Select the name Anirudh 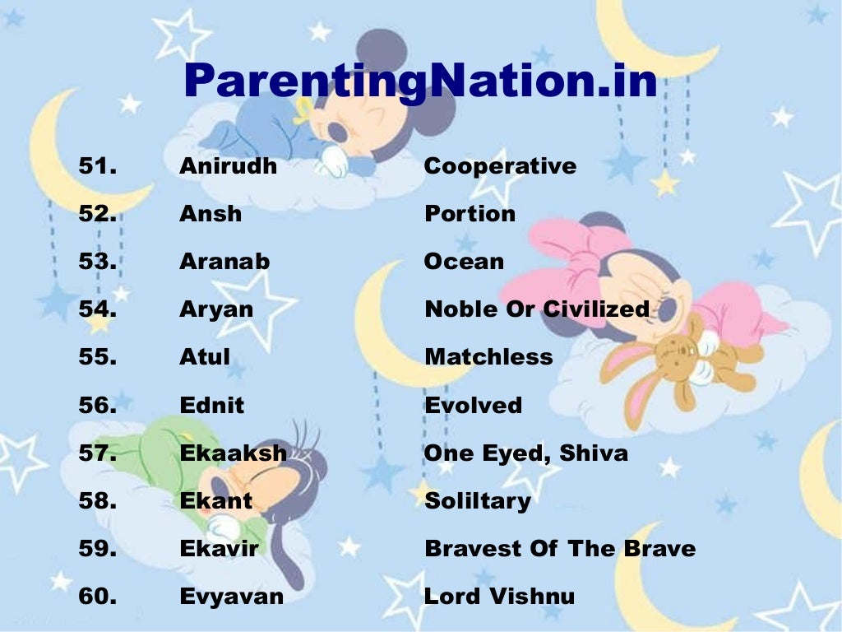228,166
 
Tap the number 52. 97,214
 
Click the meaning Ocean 464,262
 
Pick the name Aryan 216,309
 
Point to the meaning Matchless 488,357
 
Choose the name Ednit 211,405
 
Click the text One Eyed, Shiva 525,453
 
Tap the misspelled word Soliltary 477,501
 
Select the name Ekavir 218,549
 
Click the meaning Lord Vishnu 499,597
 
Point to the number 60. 97,597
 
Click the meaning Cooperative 500,166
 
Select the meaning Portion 470,214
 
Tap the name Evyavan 231,597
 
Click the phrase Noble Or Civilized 536,309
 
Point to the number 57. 97,453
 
